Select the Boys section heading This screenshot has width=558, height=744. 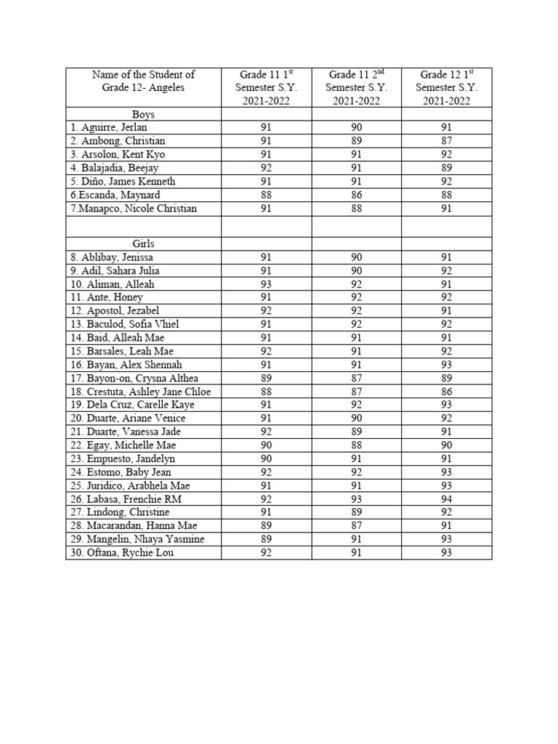pos(143,114)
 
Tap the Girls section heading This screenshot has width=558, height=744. pos(143,244)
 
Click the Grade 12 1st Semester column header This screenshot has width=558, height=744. pos(446,87)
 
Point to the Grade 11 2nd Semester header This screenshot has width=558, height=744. pos(356,87)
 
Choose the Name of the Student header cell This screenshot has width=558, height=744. pos(143,81)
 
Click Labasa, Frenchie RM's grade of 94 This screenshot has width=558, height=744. pos(446,499)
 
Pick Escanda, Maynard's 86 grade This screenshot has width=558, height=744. pos(356,195)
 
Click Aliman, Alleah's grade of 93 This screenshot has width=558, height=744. pos(266,284)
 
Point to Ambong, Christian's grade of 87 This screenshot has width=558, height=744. pos(446,141)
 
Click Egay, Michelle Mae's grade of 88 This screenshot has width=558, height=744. pos(356,445)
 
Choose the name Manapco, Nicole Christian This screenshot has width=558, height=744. pos(132,209)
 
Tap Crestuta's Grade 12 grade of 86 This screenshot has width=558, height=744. pos(446,392)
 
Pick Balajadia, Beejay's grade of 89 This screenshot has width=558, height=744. pos(446,168)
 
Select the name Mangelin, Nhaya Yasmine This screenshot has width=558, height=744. pos(134,539)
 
